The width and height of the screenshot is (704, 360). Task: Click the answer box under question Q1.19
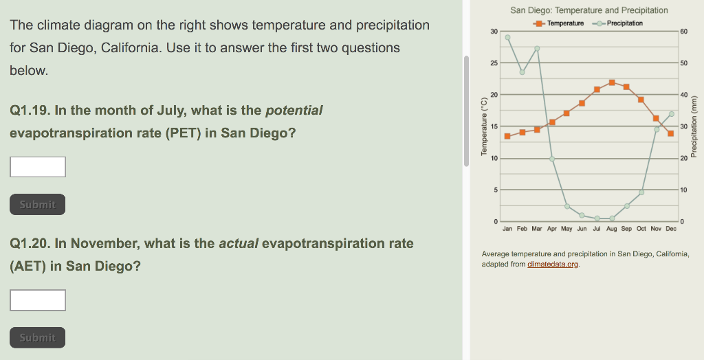[38, 167]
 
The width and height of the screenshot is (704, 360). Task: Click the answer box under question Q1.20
[38, 300]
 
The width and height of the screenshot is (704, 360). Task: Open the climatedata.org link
[553, 265]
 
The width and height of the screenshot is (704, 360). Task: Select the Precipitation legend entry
[618, 23]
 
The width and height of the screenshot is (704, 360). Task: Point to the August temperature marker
[612, 82]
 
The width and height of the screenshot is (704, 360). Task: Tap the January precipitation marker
[507, 38]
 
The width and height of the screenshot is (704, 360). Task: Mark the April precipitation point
[552, 159]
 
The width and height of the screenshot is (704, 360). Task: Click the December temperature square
[671, 133]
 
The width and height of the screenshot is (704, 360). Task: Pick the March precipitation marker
[537, 49]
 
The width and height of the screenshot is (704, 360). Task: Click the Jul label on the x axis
[597, 229]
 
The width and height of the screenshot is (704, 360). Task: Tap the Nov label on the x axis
[656, 229]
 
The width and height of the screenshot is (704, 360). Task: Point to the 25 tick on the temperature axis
[494, 63]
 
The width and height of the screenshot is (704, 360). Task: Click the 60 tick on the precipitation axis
[684, 32]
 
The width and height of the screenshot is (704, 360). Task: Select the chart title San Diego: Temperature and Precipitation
[589, 10]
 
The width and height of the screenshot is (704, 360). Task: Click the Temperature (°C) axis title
[484, 126]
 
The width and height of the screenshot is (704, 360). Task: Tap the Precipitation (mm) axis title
[694, 126]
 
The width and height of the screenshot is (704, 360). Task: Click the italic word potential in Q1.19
[294, 111]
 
